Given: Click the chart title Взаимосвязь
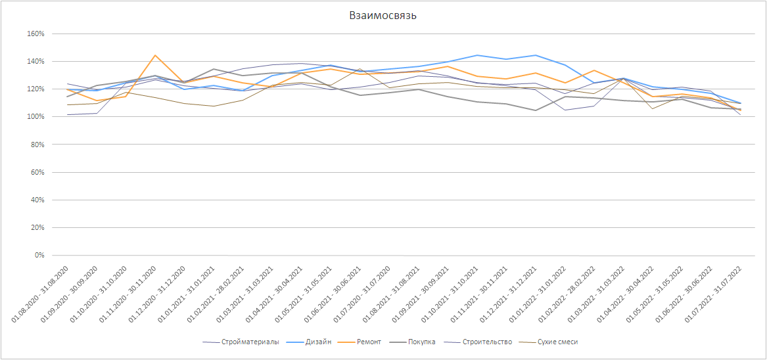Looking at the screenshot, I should (383, 16).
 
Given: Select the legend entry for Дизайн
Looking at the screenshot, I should (318, 342).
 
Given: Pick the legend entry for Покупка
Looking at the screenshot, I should (421, 342).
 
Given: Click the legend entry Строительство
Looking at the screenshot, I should (486, 342).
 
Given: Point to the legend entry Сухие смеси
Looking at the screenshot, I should (557, 342).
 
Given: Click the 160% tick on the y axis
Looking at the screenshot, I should (35, 34).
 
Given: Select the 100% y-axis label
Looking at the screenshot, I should (35, 117).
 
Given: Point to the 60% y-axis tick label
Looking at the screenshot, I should (37, 172).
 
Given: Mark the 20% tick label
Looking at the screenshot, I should (37, 228).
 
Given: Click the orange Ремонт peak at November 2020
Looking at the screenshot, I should (154, 55).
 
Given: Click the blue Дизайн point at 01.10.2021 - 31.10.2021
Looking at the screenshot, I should (478, 55).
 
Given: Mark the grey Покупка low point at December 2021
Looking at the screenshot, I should (536, 110).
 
